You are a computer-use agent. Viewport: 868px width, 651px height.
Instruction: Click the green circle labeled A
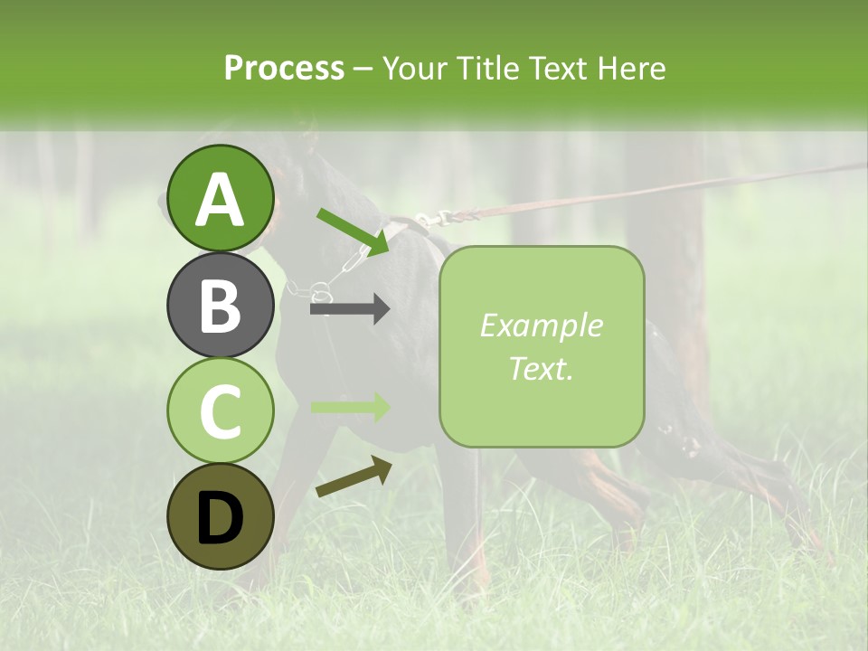[221, 199]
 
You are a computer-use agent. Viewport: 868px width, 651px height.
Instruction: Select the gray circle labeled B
[221, 305]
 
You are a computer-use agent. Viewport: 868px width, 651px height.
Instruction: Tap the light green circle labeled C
[221, 410]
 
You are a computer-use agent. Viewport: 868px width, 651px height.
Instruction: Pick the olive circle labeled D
[221, 516]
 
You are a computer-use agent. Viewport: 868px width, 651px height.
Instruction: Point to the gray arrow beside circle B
[349, 309]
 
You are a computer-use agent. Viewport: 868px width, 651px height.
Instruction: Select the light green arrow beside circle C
[349, 407]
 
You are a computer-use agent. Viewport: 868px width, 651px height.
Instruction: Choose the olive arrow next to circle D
[354, 477]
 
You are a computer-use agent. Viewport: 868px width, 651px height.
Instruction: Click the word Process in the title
[284, 69]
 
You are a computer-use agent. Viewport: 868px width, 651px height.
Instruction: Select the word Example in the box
[541, 326]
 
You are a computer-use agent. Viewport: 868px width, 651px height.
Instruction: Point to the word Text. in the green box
[541, 369]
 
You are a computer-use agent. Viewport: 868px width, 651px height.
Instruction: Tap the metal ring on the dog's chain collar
[321, 291]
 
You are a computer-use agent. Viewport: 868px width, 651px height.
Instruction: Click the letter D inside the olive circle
[221, 518]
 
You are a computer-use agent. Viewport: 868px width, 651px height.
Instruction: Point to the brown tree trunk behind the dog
[669, 253]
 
